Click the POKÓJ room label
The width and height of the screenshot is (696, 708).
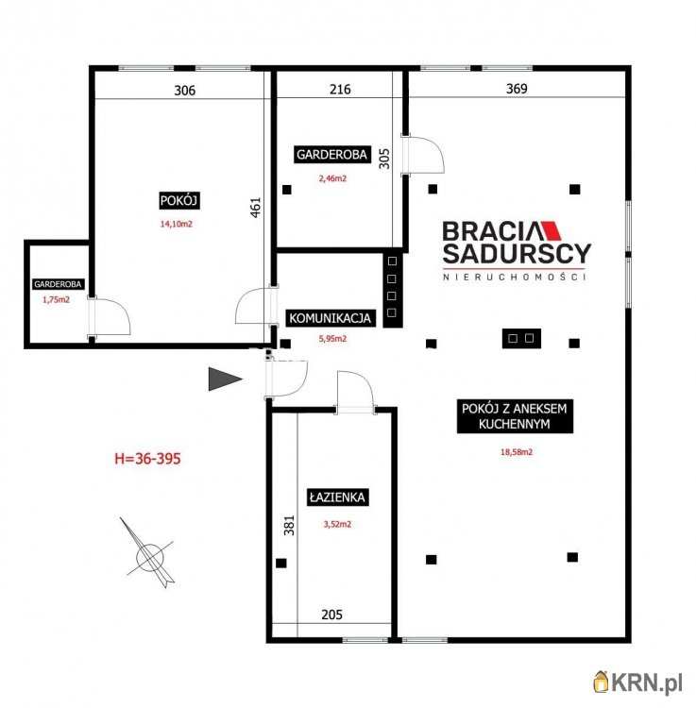179,200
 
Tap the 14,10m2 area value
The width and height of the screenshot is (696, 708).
177,224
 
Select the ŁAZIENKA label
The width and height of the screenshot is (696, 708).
337,497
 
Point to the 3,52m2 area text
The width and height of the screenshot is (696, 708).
337,524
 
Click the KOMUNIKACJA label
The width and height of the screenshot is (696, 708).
330,318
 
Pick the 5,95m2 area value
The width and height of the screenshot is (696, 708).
332,339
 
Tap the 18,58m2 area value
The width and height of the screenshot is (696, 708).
517,451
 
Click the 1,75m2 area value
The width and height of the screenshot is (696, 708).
57,299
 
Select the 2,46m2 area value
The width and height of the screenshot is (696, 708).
332,178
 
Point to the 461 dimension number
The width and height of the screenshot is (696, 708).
256,208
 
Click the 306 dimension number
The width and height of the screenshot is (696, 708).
185,91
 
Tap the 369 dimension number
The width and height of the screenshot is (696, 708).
517,89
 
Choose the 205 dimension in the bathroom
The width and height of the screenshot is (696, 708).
332,615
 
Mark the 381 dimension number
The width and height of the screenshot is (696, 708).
289,525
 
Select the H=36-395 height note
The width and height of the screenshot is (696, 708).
147,459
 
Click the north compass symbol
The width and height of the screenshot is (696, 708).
148,553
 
